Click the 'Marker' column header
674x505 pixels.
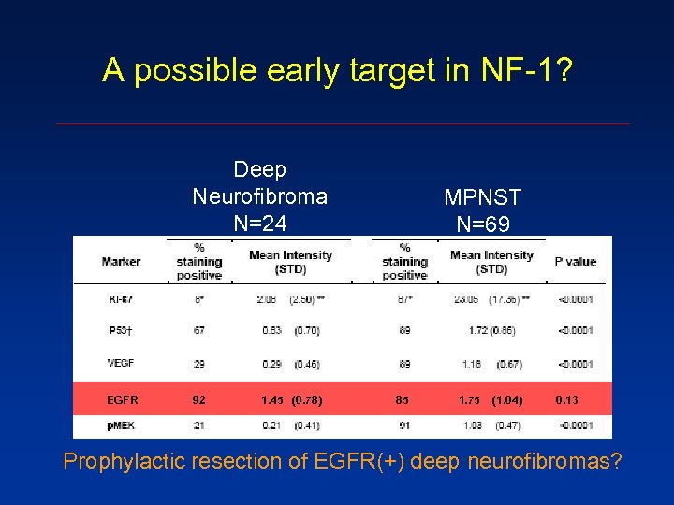pos(121,262)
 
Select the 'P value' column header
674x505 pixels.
pos(575,262)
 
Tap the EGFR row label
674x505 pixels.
pos(122,399)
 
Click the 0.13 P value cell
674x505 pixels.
pos(566,399)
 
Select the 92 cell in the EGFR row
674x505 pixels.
pos(198,399)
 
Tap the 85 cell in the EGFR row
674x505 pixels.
pos(403,399)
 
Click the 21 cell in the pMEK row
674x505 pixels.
pos(198,426)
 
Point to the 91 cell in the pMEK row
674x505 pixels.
pos(403,426)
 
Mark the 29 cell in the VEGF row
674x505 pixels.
pos(198,363)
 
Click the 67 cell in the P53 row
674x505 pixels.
pos(198,330)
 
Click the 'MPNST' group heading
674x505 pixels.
pos(482,198)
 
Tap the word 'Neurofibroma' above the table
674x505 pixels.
pos(259,196)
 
